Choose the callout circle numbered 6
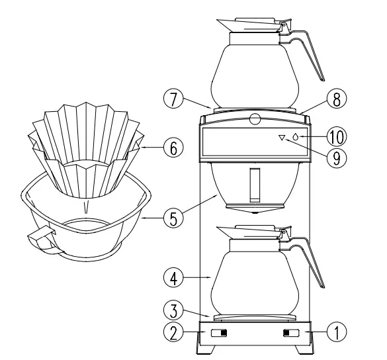pos(174,149)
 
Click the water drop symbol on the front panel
pos(295,137)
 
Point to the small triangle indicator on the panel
pos(282,138)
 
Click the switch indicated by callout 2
pos(218,333)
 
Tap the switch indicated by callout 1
pos(290,333)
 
